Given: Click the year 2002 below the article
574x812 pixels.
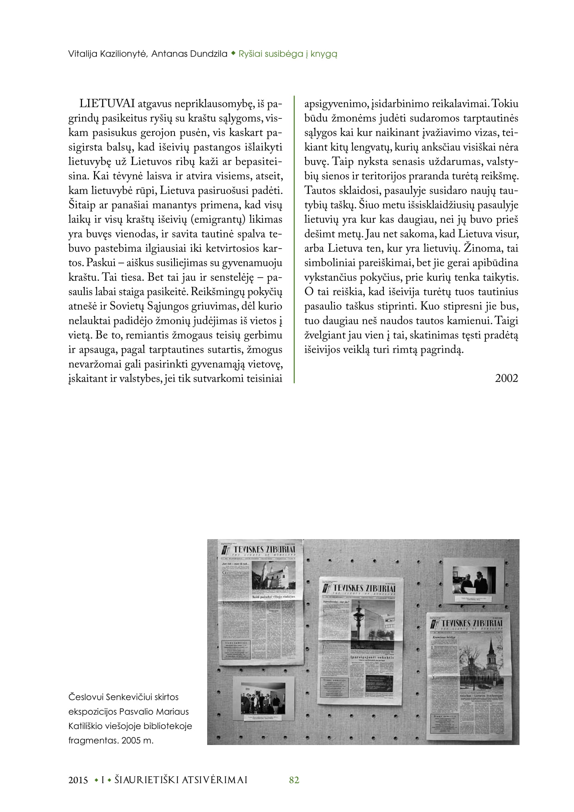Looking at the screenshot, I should pos(506,378).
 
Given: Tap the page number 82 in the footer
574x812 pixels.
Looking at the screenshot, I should pos(294,780).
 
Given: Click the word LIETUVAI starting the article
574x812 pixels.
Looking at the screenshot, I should pos(107,104).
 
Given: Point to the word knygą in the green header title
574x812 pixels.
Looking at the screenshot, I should pos(324,54).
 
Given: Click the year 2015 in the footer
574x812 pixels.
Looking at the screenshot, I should pos(78,780).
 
